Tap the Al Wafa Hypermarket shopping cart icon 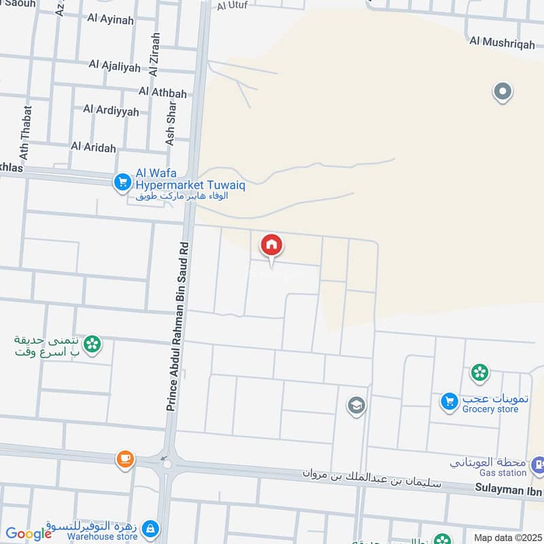[x=122, y=182]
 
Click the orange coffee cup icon [x=124, y=460]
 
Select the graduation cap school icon [x=356, y=406]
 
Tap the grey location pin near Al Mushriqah [x=502, y=91]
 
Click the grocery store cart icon [x=449, y=402]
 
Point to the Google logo [x=29, y=534]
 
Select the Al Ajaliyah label [x=114, y=66]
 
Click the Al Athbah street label [x=163, y=92]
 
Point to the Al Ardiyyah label [x=111, y=109]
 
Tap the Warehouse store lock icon [x=151, y=528]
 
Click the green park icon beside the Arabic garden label [x=93, y=345]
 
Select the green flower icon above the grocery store [x=479, y=372]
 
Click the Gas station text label [x=501, y=473]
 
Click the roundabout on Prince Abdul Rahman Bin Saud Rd [x=167, y=464]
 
